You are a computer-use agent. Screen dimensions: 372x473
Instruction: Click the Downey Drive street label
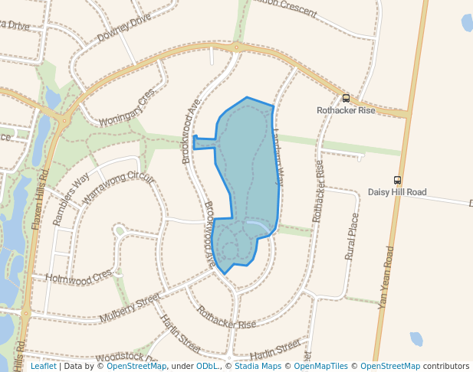[x=123, y=30]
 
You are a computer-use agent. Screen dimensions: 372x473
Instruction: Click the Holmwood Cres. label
[x=80, y=276]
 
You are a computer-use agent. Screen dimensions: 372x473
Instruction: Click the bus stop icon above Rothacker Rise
[x=346, y=98]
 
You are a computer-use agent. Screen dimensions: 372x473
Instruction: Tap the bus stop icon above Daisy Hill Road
[x=397, y=180]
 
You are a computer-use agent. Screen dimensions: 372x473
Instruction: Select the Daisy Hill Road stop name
[x=397, y=192]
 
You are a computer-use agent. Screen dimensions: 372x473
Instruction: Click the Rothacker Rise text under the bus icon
[x=346, y=110]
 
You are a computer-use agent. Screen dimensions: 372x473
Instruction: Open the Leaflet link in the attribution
[x=43, y=367]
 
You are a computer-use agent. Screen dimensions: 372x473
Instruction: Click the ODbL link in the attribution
[x=206, y=367]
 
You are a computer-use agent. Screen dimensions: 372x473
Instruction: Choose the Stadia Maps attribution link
[x=257, y=367]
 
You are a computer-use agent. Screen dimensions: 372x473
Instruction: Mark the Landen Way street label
[x=277, y=156]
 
